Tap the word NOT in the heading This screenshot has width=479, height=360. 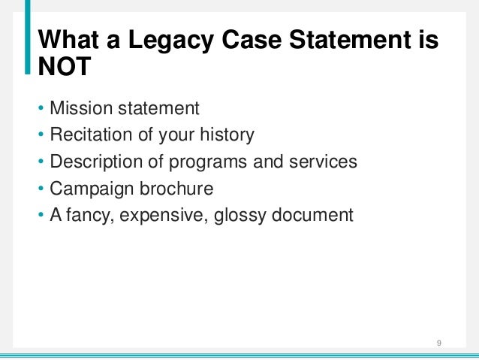pyautogui.click(x=65, y=68)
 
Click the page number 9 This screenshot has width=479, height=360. pyautogui.click(x=438, y=344)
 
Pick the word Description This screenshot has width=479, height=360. pyautogui.click(x=95, y=162)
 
